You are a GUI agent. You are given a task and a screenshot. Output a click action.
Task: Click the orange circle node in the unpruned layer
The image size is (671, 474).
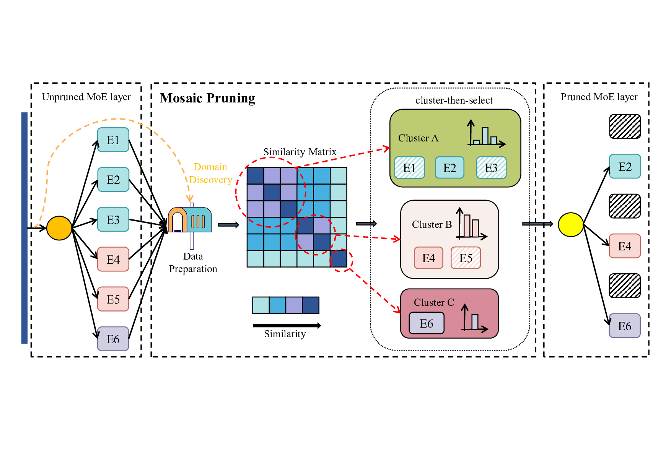coord(59,228)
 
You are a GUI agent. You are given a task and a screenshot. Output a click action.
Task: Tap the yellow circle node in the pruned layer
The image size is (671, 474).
coord(570,225)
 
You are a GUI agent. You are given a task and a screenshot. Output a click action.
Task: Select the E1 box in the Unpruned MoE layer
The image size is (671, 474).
coord(113,140)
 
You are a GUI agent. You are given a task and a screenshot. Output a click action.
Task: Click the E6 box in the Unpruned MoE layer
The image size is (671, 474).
coord(113,339)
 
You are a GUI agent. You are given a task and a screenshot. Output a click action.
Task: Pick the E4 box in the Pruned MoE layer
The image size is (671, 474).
coord(624,246)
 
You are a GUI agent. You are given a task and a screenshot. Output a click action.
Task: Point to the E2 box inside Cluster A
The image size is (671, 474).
coord(450,168)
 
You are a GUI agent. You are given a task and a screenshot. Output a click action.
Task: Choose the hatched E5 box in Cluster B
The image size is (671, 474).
coord(466,258)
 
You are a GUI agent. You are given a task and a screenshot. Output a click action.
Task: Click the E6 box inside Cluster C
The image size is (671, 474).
coord(427,323)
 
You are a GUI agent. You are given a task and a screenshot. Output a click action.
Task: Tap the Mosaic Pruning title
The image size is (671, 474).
coord(207,98)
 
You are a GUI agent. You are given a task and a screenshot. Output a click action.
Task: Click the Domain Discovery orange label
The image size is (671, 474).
coord(210,173)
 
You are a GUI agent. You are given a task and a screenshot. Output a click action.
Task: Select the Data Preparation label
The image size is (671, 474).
coord(193,263)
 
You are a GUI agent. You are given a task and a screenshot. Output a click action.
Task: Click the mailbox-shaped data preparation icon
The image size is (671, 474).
coord(190,221)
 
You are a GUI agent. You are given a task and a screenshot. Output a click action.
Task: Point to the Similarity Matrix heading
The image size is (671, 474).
coord(300,152)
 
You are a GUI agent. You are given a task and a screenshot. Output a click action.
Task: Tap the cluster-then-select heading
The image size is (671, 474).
coord(454,100)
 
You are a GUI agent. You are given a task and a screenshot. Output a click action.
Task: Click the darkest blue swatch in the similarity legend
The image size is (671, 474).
coord(311,305)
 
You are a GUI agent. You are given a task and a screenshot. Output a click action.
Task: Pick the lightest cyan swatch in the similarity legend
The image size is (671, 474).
coord(261,305)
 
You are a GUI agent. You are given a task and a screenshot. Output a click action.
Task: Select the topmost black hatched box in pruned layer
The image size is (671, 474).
coord(625,127)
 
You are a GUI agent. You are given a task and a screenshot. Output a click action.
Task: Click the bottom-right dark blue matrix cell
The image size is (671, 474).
coord(339,259)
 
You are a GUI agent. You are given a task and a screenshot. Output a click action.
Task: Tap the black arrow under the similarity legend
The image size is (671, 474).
coord(287,326)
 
